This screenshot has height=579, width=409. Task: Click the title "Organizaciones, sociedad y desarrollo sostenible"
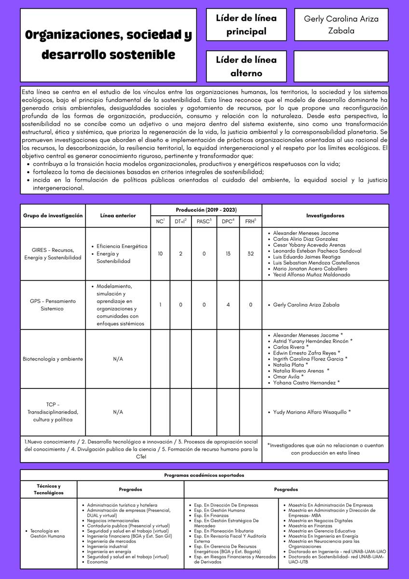108,45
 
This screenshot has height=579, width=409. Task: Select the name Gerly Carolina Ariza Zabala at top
341,25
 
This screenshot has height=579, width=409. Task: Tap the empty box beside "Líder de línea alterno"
341,66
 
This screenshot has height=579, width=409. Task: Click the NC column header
160,221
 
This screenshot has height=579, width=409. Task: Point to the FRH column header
251,221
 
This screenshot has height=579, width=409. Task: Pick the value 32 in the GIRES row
251,254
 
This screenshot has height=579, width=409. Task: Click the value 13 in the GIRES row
228,254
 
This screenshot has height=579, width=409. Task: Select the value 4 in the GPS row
228,305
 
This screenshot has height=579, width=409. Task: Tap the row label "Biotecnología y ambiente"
53,359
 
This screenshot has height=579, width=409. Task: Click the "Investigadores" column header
325,216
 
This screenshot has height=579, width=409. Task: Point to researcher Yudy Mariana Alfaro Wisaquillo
311,412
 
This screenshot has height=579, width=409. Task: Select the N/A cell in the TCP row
118,412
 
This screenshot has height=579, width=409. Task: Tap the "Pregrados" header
130,489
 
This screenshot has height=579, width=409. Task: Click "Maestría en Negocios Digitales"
320,521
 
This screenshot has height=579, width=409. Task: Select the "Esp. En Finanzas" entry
211,515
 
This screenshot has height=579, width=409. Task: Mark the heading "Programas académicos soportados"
204,475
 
